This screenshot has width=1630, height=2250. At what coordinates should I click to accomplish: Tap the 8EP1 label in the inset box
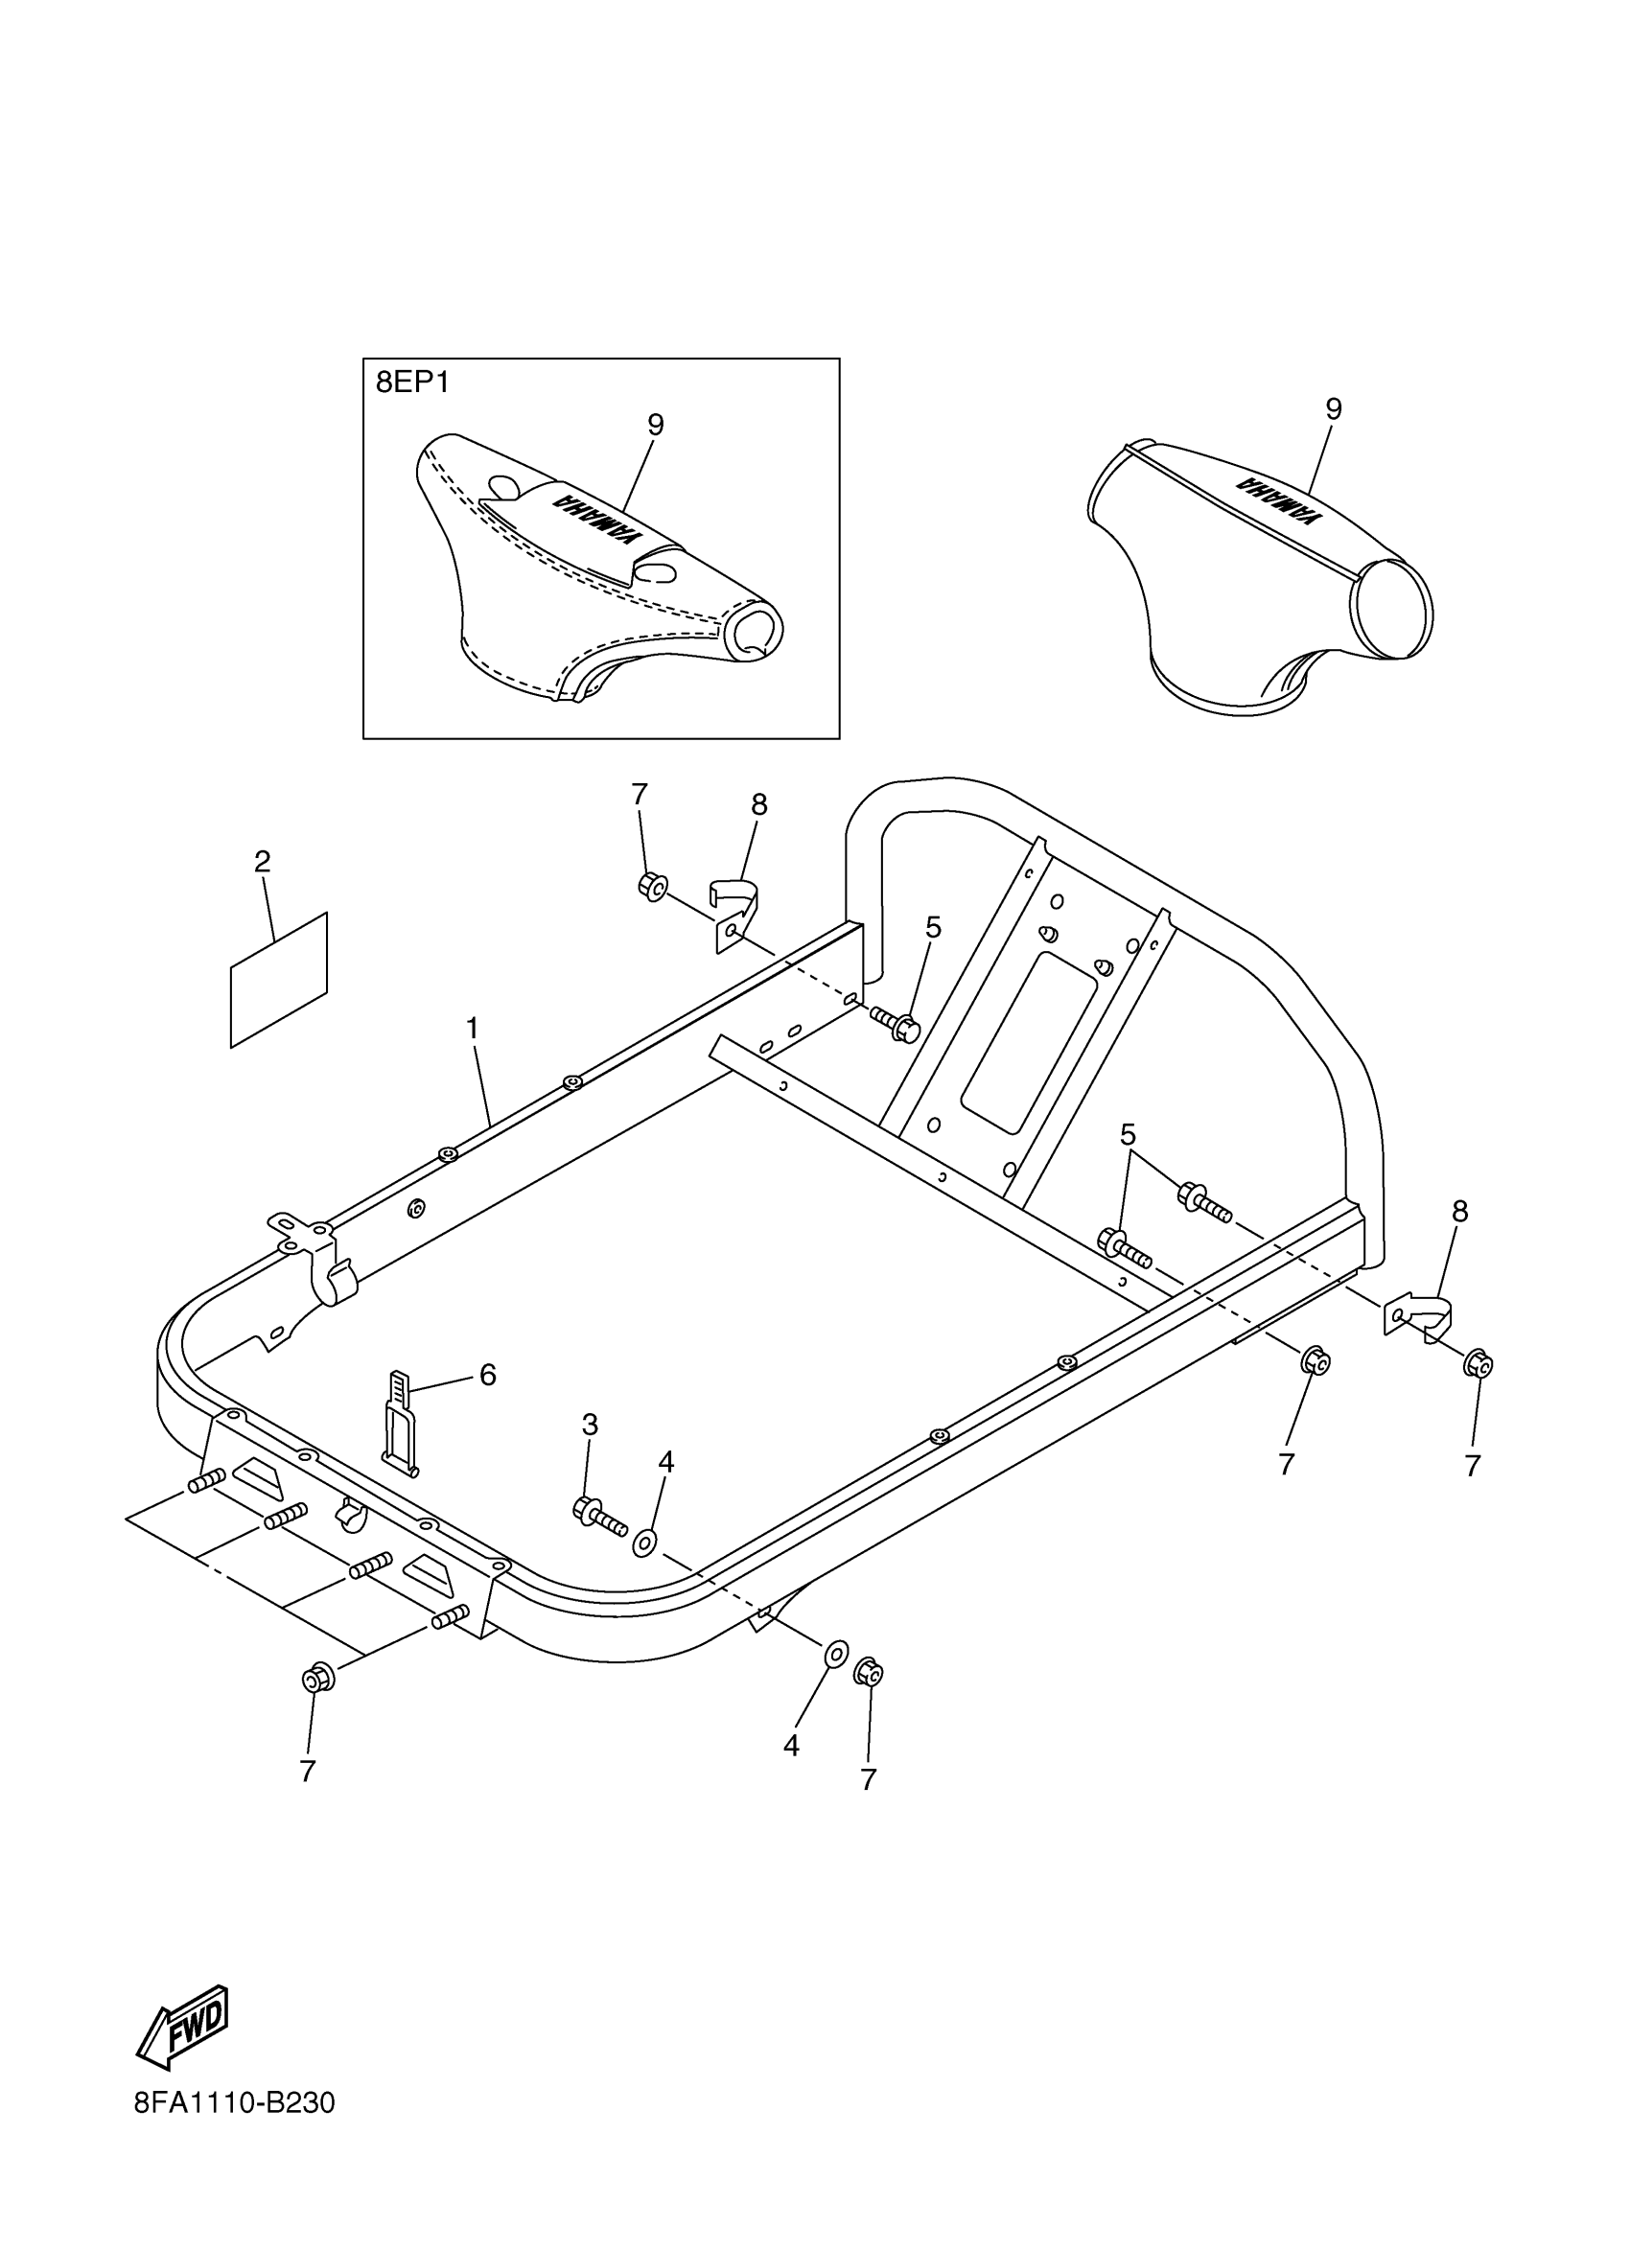(x=411, y=383)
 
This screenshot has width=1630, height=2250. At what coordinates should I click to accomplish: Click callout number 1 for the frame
(x=473, y=1028)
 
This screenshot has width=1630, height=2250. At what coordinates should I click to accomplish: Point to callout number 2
(x=262, y=861)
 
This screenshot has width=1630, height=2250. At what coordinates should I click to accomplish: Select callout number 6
(x=487, y=1374)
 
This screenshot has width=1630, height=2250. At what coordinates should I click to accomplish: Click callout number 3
(x=590, y=1425)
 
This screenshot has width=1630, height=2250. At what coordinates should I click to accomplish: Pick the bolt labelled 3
(x=598, y=1513)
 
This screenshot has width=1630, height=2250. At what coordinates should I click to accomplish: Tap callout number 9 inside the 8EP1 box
(x=655, y=425)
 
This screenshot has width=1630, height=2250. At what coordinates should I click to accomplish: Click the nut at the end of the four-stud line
(x=317, y=1679)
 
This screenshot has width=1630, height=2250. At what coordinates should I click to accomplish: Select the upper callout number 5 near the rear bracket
(x=933, y=928)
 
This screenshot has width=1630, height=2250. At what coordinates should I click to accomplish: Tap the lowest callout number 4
(x=791, y=1746)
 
